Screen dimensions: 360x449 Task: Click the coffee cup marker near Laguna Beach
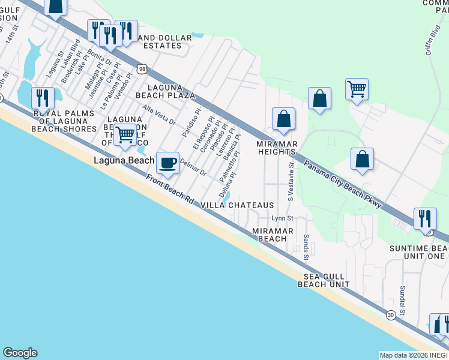[167, 163]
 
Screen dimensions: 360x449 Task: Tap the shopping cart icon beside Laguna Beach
[125, 135]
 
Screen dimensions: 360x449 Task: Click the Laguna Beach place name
[124, 161]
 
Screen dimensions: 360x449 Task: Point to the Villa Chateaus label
[237, 205]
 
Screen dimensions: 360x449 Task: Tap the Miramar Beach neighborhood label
[273, 235]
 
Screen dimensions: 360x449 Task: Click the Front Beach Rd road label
[170, 189]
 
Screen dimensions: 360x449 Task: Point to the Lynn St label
[282, 218]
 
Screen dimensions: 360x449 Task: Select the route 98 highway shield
[141, 68]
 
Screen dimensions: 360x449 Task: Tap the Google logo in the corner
[20, 353]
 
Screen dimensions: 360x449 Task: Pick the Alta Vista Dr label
[158, 115]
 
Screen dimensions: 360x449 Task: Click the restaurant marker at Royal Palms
[43, 97]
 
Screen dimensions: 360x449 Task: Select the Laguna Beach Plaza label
[168, 91]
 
